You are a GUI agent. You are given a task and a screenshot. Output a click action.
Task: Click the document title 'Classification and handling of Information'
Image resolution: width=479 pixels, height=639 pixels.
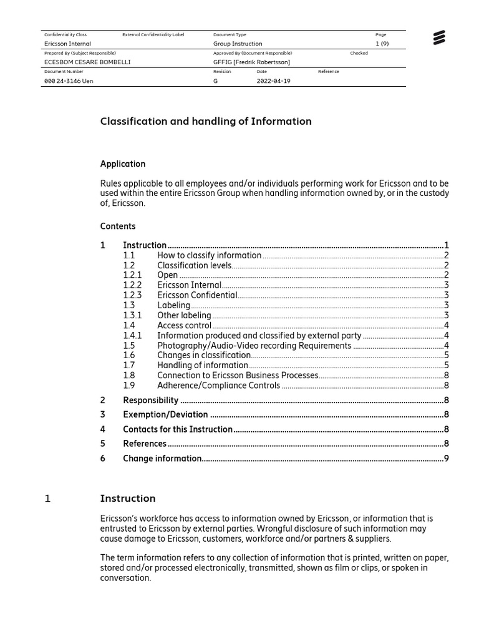coord(206,121)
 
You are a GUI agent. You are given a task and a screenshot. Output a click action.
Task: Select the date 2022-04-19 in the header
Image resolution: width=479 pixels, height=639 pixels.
coord(273,81)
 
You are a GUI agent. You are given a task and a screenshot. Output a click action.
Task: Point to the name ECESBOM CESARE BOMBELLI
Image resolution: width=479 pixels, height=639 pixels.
coord(87,62)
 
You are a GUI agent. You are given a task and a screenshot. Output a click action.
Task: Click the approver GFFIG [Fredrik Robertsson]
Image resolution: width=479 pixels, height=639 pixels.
coord(251,62)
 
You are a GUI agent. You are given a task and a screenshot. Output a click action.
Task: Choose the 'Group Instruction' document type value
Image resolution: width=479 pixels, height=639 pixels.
coord(238,44)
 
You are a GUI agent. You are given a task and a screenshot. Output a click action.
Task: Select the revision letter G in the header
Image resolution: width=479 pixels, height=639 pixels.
coord(216,81)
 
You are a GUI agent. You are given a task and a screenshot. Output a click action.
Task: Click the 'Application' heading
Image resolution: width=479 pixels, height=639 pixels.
coord(123,164)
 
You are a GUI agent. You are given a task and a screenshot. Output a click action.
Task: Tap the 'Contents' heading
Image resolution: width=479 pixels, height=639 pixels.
coord(118,226)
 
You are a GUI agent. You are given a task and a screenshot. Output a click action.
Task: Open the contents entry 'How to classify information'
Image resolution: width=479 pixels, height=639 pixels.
coord(209,255)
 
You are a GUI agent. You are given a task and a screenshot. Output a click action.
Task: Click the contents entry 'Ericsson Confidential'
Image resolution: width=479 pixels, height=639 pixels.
coord(197,295)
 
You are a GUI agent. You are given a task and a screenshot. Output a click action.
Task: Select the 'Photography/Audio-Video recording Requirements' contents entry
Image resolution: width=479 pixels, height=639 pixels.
coord(254,345)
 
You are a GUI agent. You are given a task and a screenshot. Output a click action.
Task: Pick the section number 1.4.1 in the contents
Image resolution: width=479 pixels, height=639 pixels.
coord(132,335)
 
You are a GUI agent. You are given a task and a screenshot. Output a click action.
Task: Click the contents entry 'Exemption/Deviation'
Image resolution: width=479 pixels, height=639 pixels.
coord(165,414)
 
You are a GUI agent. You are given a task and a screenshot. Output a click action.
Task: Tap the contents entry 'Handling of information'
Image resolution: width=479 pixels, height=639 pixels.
coord(203,365)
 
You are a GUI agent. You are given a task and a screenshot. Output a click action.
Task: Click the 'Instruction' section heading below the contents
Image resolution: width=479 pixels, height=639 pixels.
coord(128,498)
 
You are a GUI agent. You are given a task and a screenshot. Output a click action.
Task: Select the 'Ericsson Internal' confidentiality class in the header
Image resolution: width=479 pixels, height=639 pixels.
coord(67,44)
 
